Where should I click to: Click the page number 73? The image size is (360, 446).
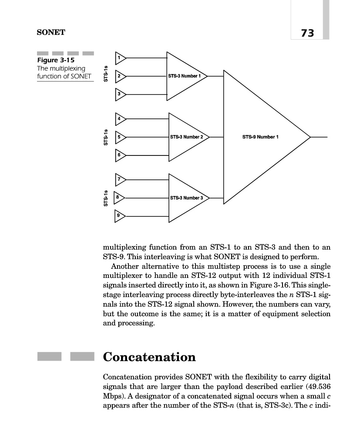coord(307,33)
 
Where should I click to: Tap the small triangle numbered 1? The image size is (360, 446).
coord(120,57)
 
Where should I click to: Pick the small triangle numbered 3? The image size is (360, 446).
coord(120,94)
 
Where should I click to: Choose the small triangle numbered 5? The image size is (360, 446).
coord(120,137)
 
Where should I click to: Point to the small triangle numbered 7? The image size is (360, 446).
coord(120,179)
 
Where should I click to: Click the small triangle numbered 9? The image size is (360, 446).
coord(120,216)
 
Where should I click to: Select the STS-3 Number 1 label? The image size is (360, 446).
coord(184,76)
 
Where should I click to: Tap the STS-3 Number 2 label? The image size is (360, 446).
coord(186,137)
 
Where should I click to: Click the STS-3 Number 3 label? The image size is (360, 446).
coord(186,198)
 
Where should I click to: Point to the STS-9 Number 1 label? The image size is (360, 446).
coord(260,137)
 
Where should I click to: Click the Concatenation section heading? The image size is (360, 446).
coord(149,358)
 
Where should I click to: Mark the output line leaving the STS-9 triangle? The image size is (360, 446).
coord(319,137)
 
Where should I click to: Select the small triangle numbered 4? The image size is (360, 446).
coord(120,118)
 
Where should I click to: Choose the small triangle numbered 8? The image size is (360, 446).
coord(119,197)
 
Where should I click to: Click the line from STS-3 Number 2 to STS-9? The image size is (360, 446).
coord(217,137)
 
